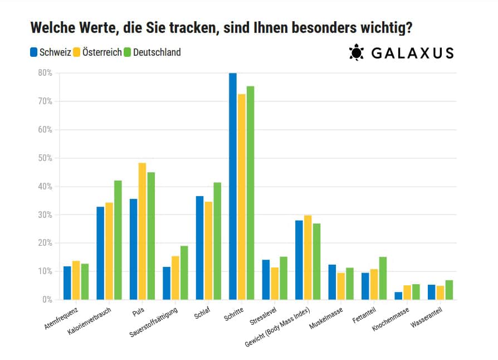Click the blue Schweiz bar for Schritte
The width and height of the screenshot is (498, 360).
point(233,186)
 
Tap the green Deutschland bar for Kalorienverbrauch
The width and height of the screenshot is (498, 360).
point(118,240)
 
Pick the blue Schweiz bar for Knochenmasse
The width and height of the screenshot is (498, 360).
point(398,295)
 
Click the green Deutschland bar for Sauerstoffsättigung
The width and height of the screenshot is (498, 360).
point(184,273)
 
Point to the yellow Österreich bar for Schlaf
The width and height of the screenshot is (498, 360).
point(209,251)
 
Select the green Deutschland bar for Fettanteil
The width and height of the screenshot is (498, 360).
point(383,278)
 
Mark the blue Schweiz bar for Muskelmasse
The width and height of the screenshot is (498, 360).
point(332,282)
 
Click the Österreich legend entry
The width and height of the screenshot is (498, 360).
point(102,53)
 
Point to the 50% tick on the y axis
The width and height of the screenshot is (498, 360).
point(45,158)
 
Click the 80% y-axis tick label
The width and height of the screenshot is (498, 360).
point(45,73)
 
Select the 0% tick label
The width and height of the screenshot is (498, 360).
point(47,300)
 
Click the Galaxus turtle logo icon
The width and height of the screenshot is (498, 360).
point(356,53)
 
